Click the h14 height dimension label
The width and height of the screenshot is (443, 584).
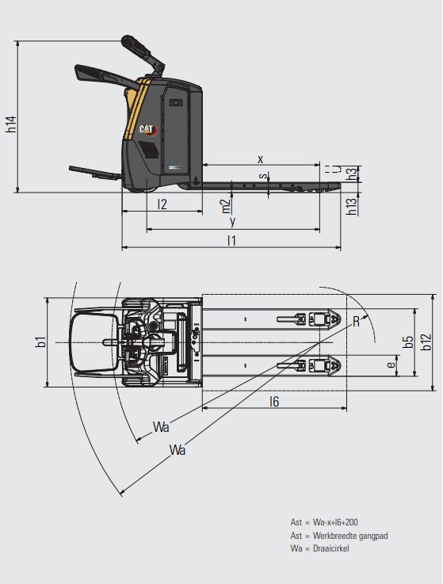tap(11, 124)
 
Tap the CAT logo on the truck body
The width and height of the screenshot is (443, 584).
tap(148, 130)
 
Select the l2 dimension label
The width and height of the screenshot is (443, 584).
tap(162, 204)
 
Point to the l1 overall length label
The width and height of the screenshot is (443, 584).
tap(231, 241)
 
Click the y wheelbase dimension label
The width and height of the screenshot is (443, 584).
tap(232, 222)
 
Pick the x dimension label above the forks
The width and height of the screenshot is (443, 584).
tap(261, 159)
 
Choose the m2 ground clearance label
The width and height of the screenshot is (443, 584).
tap(226, 206)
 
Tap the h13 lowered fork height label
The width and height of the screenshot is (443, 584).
tap(351, 206)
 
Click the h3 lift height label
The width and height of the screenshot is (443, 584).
tap(351, 174)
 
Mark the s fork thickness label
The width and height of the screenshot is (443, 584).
tap(263, 175)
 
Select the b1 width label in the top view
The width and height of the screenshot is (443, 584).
tap(40, 342)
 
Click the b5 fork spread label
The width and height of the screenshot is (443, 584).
tap(408, 342)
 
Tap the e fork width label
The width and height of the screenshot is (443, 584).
tap(391, 365)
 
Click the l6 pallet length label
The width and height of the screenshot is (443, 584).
tap(274, 402)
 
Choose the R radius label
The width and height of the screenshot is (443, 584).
tap(356, 322)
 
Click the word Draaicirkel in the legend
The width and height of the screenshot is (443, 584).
tap(331, 548)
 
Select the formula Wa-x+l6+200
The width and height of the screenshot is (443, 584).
tap(335, 522)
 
